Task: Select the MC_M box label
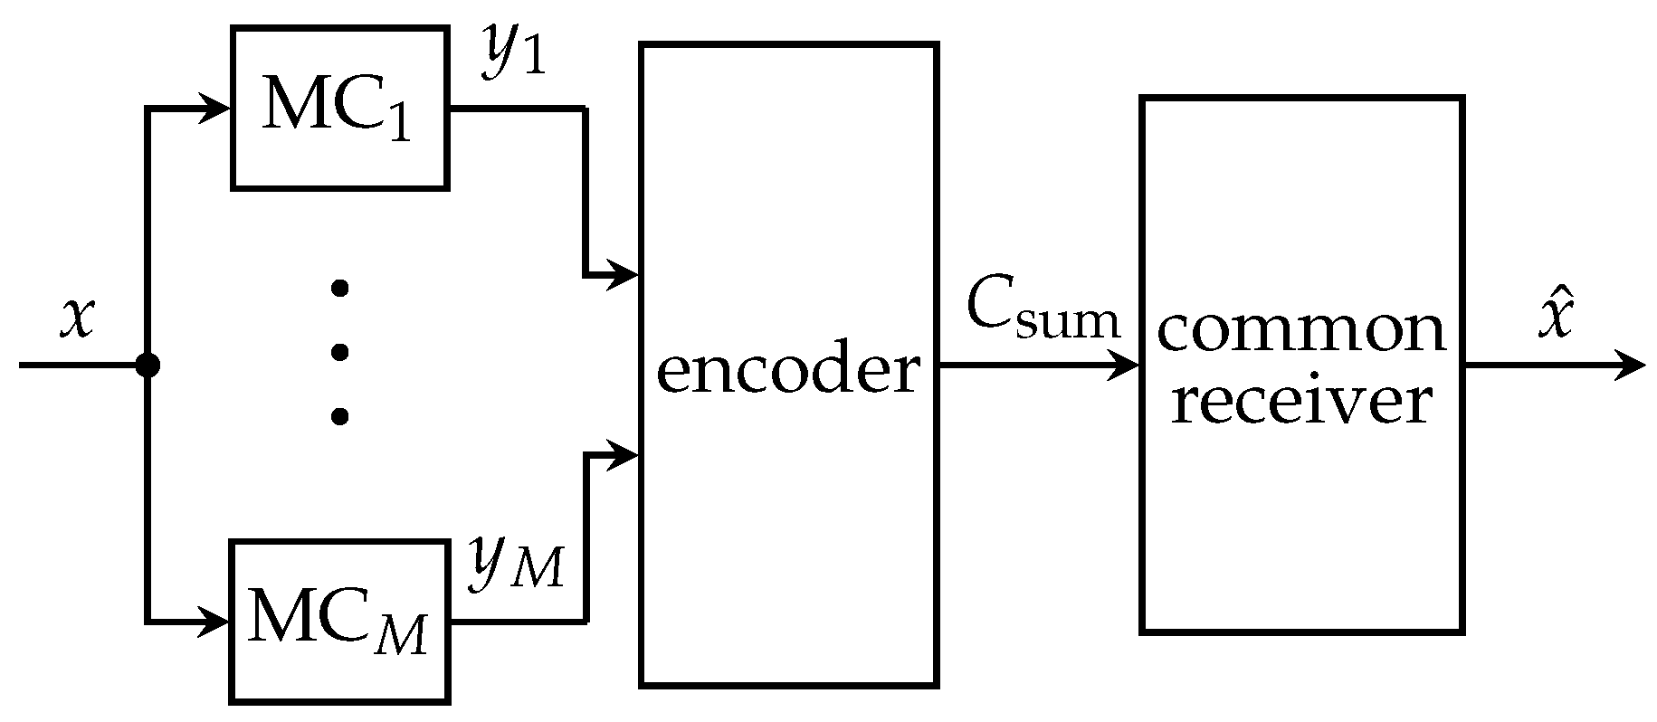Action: (337, 622)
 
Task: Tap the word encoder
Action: (787, 370)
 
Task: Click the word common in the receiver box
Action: (1301, 331)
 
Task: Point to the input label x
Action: (78, 318)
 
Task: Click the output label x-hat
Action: (1555, 318)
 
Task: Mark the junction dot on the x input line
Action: (147, 365)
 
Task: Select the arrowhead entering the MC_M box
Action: (215, 622)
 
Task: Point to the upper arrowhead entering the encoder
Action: (624, 273)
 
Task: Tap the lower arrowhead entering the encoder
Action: (624, 455)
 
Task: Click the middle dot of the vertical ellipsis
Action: (339, 352)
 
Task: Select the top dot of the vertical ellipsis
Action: (339, 289)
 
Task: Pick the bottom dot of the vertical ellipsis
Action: (339, 416)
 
